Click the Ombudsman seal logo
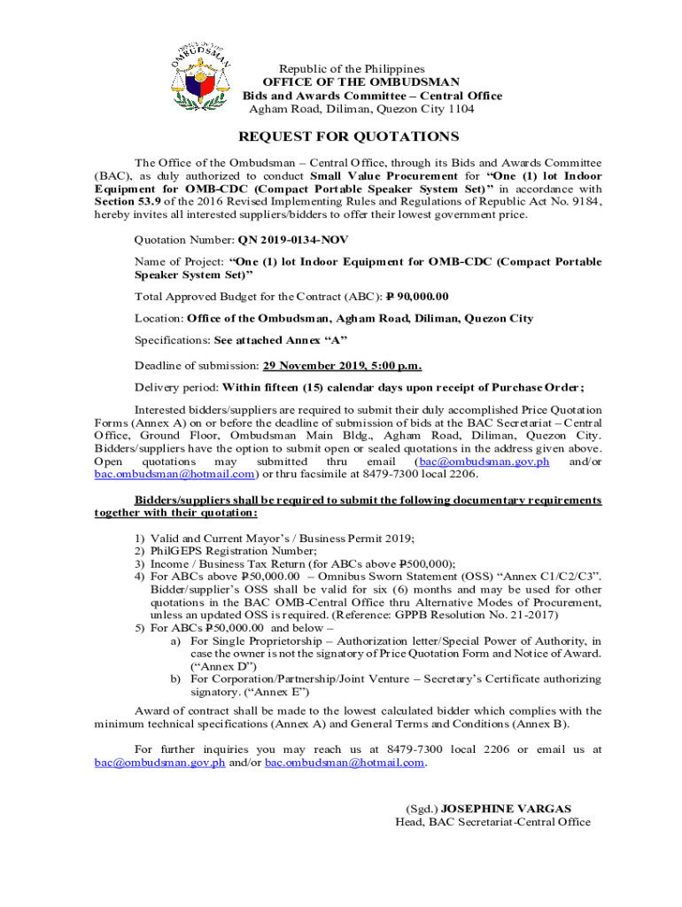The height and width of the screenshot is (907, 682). [201, 77]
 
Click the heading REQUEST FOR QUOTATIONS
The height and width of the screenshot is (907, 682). [348, 136]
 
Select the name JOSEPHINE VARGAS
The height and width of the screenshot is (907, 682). [506, 809]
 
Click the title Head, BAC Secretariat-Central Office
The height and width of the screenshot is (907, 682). [492, 822]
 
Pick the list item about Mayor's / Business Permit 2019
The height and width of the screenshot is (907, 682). [283, 538]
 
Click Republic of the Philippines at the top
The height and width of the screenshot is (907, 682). [353, 69]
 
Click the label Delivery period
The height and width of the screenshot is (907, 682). [175, 387]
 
